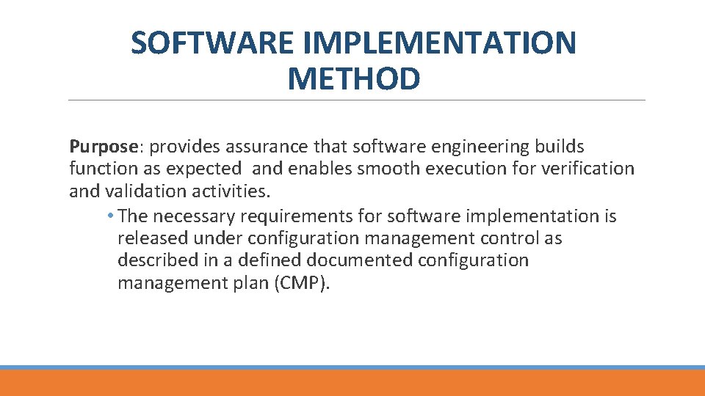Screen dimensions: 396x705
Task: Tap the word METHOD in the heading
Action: pyautogui.click(x=354, y=78)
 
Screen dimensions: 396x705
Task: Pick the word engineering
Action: pyautogui.click(x=485, y=147)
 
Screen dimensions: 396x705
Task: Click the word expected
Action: pyautogui.click(x=203, y=169)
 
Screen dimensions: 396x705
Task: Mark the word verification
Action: pyautogui.click(x=587, y=169)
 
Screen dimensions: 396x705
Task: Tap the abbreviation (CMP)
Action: pyautogui.click(x=302, y=283)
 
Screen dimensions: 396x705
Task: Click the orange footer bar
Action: pyautogui.click(x=352, y=383)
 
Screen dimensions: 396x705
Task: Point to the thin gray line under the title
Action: pyautogui.click(x=356, y=100)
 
